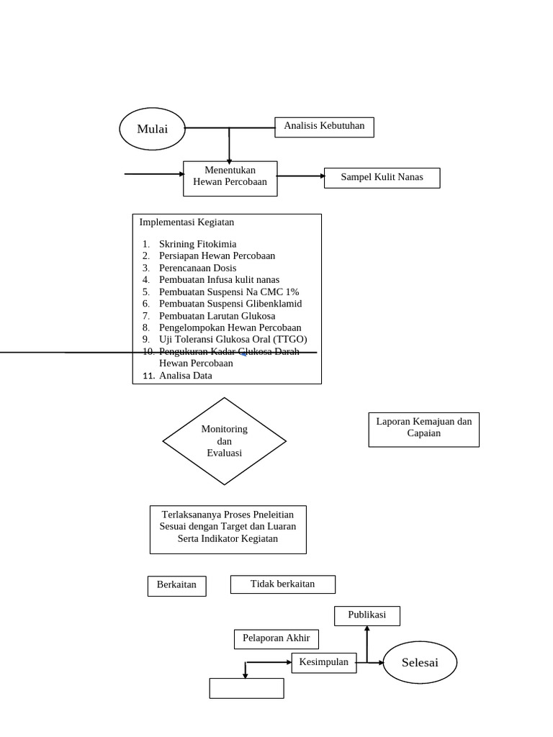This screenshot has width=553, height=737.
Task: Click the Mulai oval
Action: [x=152, y=129]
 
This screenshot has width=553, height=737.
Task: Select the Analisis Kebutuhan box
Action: [x=324, y=127]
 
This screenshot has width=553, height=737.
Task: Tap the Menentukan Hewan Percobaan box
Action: [x=230, y=177]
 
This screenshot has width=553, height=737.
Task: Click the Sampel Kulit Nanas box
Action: [x=382, y=178]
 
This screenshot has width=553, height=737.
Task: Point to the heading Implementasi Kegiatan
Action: [x=186, y=222]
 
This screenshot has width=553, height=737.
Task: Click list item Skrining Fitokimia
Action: [x=197, y=244]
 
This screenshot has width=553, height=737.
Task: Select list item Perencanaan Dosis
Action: [x=197, y=268]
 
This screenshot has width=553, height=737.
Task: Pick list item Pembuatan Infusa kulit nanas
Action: [x=219, y=279]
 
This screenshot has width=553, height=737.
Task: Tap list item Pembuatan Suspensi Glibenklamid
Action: [x=230, y=303]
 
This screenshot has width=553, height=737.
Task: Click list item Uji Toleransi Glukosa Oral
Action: [x=233, y=339]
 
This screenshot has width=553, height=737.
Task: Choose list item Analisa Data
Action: [x=185, y=375]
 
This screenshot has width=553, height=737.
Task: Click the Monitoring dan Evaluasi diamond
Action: [x=225, y=441]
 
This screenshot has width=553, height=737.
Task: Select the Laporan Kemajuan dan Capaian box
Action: [x=423, y=429]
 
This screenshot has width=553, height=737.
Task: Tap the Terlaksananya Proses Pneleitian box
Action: [x=228, y=528]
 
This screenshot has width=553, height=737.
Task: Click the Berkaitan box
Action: [x=176, y=585]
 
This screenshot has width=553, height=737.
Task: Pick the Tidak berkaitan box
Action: [x=282, y=584]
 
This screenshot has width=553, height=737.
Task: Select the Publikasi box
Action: [x=367, y=615]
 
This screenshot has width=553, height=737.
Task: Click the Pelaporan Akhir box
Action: [x=276, y=638]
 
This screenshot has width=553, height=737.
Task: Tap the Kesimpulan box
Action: [x=323, y=662]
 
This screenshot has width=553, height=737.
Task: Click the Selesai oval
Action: [x=420, y=662]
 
